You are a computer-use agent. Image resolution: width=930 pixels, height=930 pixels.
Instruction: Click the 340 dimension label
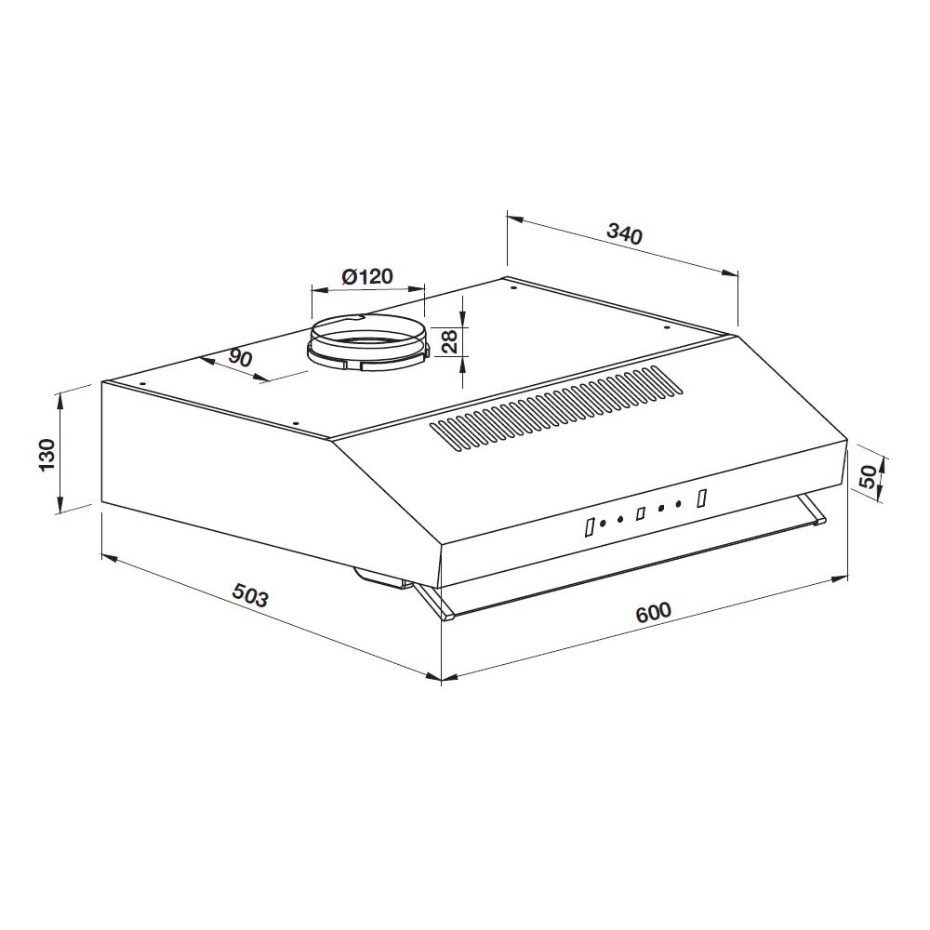click(624, 233)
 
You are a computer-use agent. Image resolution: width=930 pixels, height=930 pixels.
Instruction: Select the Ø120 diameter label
click(367, 276)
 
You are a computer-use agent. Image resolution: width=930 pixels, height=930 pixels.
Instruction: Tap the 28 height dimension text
click(450, 341)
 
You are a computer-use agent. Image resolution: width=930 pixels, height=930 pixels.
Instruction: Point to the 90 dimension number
click(240, 359)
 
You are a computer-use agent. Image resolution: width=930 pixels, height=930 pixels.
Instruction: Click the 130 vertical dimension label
click(47, 454)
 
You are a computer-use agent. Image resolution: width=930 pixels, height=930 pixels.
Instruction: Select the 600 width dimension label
click(653, 612)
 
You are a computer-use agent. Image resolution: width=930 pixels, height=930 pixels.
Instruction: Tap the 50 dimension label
click(868, 478)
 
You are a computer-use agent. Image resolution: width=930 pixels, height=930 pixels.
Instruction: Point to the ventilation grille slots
click(553, 409)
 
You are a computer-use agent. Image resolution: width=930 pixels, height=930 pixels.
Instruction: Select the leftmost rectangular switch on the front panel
click(589, 527)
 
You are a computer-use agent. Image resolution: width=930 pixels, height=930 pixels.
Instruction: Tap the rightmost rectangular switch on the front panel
click(702, 498)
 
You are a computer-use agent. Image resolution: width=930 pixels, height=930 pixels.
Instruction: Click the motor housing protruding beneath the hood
click(381, 578)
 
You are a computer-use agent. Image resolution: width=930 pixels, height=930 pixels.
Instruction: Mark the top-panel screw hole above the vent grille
click(667, 327)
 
